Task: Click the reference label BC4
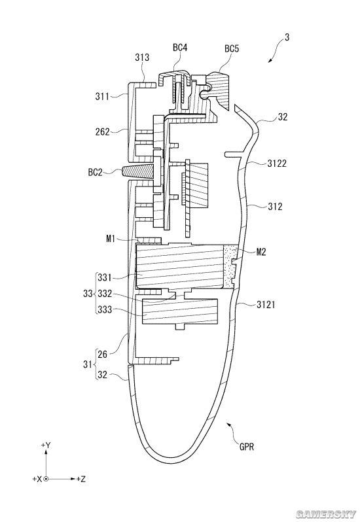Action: point(180,48)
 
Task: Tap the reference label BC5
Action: point(232,49)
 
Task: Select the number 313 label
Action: point(142,58)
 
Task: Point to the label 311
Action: point(102,97)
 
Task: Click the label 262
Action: point(102,132)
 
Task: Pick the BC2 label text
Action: point(96,173)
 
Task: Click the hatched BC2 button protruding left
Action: point(138,172)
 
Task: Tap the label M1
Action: point(111,238)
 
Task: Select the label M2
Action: point(261,252)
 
